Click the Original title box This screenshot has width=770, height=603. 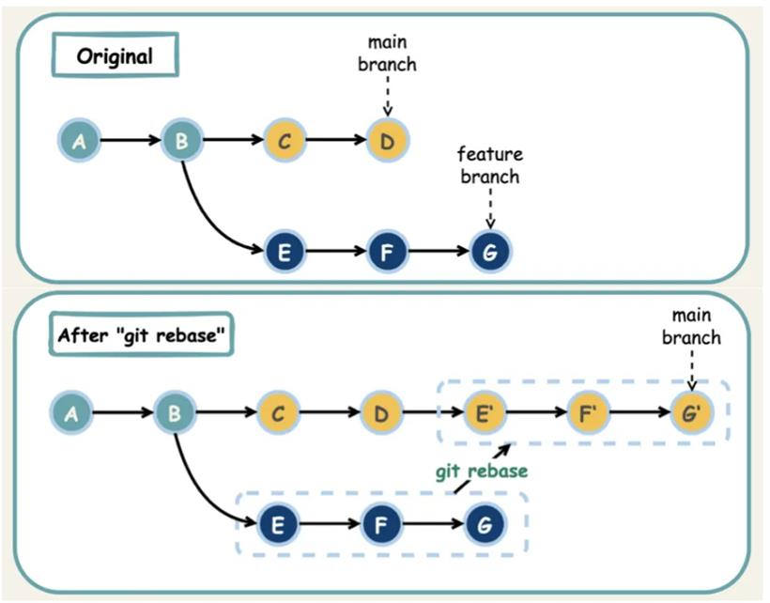[115, 55]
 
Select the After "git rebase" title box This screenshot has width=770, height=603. [141, 334]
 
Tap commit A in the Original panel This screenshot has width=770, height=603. [79, 141]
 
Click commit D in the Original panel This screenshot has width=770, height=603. [388, 141]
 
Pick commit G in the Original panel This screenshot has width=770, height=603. [490, 252]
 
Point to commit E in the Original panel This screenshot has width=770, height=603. [285, 252]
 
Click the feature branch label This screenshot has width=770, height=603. [490, 165]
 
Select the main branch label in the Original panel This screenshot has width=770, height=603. [388, 53]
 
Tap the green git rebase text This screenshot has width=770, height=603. [482, 472]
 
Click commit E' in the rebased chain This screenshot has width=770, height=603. [484, 412]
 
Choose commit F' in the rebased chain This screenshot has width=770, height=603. [588, 412]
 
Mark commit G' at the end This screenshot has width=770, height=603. [691, 412]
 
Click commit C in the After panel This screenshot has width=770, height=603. [278, 412]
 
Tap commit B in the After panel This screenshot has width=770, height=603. [175, 412]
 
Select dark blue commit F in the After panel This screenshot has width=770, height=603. [381, 524]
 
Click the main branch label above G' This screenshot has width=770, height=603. [691, 326]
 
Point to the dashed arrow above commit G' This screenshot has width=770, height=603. [692, 370]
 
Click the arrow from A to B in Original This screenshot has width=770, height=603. [131, 141]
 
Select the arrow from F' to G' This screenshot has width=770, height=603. [639, 411]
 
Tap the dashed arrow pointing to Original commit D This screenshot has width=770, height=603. [388, 96]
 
